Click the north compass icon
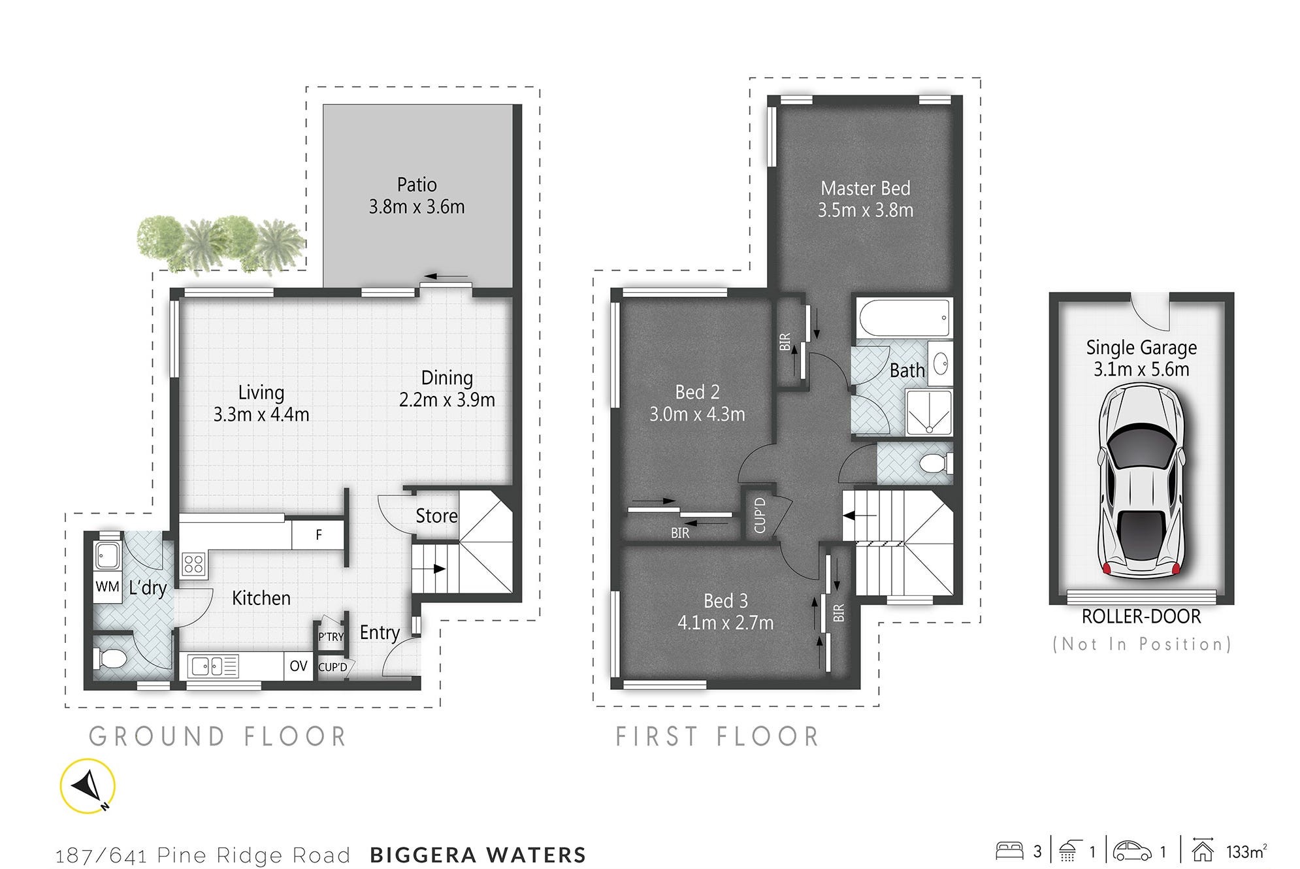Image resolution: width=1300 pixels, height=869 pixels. [x=88, y=786]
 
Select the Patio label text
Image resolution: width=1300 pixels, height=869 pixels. [x=417, y=185]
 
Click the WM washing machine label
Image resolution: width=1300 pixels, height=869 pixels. [x=108, y=587]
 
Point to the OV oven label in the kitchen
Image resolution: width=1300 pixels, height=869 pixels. [x=299, y=666]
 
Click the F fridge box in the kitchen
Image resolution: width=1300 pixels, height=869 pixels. [x=318, y=534]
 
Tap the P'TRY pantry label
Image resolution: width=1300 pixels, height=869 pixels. [x=331, y=636]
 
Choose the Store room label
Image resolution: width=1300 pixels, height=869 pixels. [x=436, y=516]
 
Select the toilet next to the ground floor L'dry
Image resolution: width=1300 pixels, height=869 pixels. [x=109, y=658]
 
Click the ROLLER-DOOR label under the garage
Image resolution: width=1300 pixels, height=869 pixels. [x=1141, y=616]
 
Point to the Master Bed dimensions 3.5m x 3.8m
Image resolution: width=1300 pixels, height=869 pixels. [x=866, y=210]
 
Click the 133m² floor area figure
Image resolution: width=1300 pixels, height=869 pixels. [x=1246, y=851]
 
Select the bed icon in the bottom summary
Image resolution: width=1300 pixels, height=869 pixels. [x=1009, y=851]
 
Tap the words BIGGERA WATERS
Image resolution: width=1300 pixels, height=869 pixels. [x=478, y=855]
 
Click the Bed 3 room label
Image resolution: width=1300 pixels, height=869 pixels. [x=726, y=600]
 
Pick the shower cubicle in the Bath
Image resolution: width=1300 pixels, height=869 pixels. [x=929, y=412]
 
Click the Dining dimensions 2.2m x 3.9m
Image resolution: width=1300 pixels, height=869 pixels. [x=447, y=400]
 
